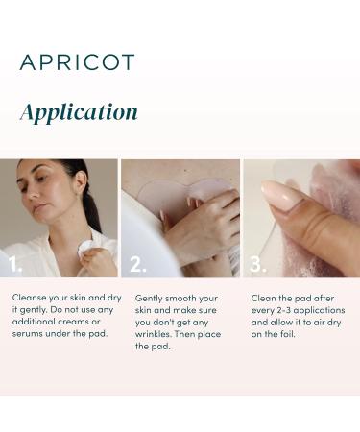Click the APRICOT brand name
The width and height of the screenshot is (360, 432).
[x=77, y=62]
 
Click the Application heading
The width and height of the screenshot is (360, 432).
[x=79, y=112]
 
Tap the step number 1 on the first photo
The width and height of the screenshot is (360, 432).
[x=14, y=264]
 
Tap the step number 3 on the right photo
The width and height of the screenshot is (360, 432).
[x=257, y=264]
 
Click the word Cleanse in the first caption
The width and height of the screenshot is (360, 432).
[x=30, y=298]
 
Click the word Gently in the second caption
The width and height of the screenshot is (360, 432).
[x=151, y=298]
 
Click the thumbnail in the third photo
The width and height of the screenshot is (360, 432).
[x=280, y=196]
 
